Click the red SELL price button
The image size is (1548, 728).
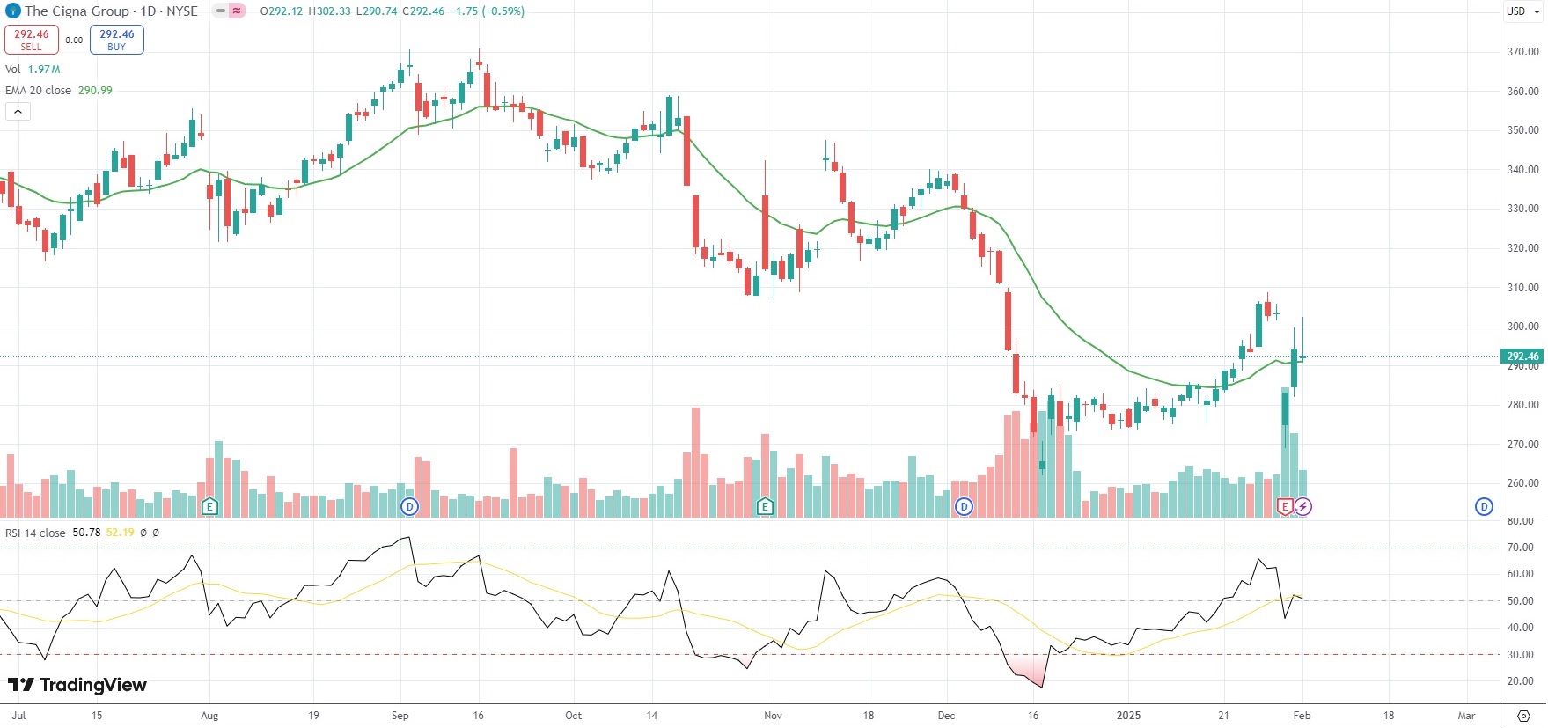point(31,40)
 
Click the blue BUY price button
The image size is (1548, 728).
point(116,40)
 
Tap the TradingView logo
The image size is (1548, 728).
point(77,685)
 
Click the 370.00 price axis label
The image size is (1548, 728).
point(1522,52)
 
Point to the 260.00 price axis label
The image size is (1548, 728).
point(1522,483)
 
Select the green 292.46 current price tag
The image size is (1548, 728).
point(1522,357)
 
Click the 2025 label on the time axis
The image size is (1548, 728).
point(1128,716)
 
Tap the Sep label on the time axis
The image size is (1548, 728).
point(400,716)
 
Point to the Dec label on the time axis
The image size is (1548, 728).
point(946,716)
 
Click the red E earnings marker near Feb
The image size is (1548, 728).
point(1285,506)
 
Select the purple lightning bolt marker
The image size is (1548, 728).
point(1302,506)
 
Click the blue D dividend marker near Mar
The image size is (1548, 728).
point(1484,506)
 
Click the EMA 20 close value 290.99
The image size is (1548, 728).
point(95,91)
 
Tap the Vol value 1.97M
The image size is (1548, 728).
point(44,70)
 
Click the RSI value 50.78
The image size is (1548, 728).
point(86,533)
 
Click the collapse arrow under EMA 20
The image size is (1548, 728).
point(18,112)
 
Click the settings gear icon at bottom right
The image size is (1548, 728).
point(1523,716)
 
